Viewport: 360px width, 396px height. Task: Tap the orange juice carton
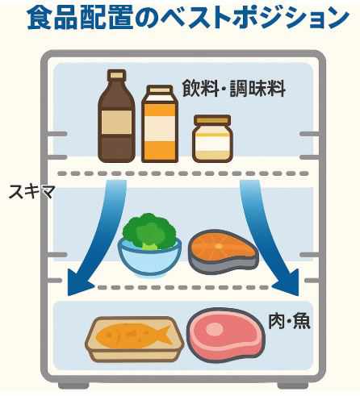point(160,123)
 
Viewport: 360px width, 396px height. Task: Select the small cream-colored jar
point(212,139)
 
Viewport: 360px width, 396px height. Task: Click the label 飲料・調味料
point(233,88)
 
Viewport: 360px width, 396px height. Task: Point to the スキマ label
point(31,192)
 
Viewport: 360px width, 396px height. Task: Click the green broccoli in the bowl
point(149,231)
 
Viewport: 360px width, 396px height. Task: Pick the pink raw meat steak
point(225,336)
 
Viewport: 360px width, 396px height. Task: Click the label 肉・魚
point(289,321)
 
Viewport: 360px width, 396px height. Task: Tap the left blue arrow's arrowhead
point(78,284)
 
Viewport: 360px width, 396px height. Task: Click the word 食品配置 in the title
point(80,18)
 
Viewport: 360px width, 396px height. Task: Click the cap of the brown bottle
point(116,74)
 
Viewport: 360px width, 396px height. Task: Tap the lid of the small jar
point(212,119)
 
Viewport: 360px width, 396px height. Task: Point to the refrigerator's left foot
point(73,385)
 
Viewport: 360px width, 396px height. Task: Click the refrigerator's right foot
point(293,385)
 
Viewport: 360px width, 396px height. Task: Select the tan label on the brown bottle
point(116,123)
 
